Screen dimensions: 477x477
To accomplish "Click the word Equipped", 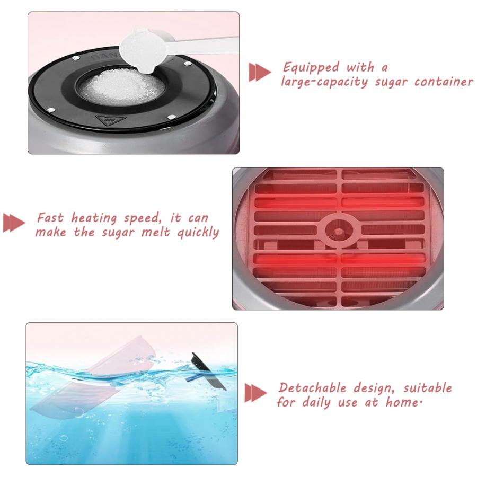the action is (x=311, y=67).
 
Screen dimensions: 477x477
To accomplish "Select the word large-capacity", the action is (x=324, y=82).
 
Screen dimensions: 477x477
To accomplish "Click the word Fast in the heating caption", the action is (x=50, y=218).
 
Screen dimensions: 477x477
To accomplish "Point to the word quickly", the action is (x=198, y=233).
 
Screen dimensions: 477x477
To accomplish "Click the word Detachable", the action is (x=312, y=388).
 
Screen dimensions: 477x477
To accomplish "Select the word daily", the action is (x=316, y=403).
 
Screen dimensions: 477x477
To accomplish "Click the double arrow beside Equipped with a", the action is (x=260, y=72).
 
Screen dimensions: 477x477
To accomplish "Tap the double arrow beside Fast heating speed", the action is (x=14, y=223).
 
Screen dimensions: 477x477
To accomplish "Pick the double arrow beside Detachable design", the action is (x=255, y=393).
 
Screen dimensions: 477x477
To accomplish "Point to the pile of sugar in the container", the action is (x=122, y=86).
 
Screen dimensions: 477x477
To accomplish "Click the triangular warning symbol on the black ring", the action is (x=110, y=120).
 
